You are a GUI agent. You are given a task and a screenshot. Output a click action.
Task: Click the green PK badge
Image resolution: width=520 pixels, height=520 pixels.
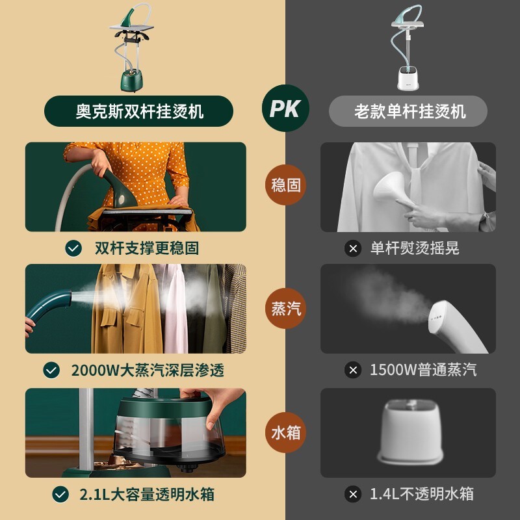(285, 109)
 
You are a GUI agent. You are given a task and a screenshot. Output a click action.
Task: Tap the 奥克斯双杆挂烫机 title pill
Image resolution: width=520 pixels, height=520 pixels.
(138, 111)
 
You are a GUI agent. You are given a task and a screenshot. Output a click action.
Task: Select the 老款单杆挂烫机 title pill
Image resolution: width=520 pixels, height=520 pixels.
(409, 111)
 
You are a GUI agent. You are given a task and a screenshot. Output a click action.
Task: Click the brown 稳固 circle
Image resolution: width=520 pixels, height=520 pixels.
(285, 185)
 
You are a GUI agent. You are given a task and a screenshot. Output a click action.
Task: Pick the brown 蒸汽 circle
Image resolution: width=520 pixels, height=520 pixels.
(285, 307)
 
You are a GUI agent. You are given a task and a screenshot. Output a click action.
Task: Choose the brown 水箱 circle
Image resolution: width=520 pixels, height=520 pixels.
(285, 432)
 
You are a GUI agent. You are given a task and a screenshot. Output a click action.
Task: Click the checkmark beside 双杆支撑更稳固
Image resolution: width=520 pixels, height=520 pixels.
(73, 248)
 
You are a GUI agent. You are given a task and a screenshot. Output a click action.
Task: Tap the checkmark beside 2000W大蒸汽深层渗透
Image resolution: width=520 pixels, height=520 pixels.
(51, 370)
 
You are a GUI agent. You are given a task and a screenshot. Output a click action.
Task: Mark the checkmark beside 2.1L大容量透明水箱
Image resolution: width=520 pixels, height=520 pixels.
(60, 494)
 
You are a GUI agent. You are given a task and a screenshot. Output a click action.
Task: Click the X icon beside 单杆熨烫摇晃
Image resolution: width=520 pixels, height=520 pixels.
(352, 248)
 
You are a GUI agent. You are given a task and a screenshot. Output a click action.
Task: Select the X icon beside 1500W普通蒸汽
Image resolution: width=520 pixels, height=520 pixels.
(352, 370)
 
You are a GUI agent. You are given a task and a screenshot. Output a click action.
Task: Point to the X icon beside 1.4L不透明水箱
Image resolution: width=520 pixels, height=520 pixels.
(352, 494)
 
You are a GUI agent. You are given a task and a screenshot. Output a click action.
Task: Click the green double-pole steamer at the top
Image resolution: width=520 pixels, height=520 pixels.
(136, 49)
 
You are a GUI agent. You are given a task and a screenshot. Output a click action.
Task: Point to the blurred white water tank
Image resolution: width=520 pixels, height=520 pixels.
(410, 429)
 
